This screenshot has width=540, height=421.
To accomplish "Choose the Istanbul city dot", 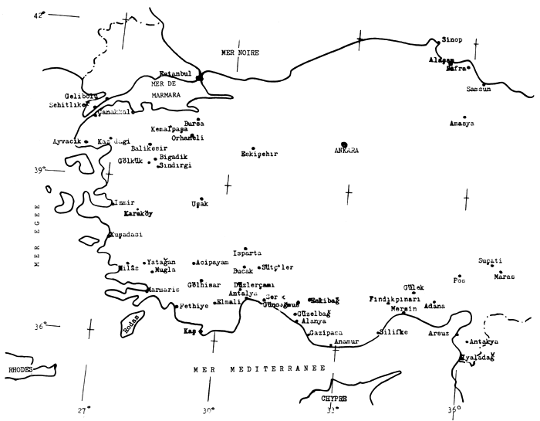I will pos(199,78).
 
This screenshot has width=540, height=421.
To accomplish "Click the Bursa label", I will pos(194,123).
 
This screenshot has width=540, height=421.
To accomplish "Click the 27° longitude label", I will pos(85,409).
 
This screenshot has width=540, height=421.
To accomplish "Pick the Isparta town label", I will pos(247,253).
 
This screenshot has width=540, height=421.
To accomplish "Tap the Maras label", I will pos(505,276).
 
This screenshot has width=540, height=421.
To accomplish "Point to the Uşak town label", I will pos(200,204).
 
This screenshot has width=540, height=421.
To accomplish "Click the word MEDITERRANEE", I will pos(278,371).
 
